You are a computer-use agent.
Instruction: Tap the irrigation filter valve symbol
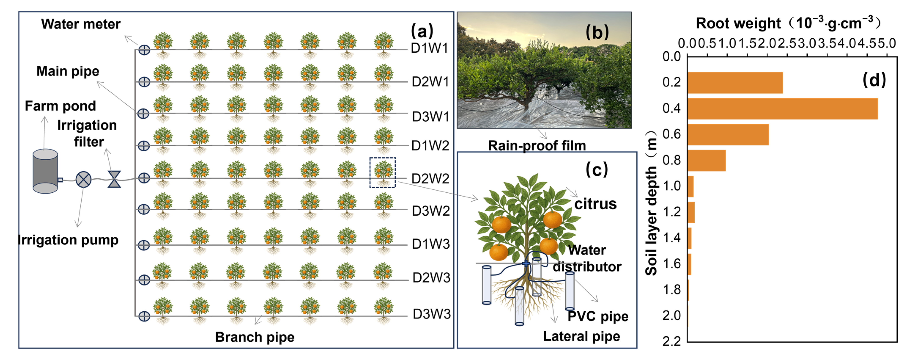(114, 179)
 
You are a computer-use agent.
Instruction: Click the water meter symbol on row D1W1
(144, 50)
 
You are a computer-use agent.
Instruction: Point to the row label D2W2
(430, 179)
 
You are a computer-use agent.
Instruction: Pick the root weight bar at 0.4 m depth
(782, 109)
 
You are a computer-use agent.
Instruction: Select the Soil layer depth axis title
(651, 203)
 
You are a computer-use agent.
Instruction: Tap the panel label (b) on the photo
(597, 32)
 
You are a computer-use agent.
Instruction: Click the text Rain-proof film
(537, 145)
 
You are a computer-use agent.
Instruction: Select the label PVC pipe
(598, 316)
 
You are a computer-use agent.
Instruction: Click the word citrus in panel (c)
(595, 204)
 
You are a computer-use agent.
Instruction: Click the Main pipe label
(68, 71)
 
